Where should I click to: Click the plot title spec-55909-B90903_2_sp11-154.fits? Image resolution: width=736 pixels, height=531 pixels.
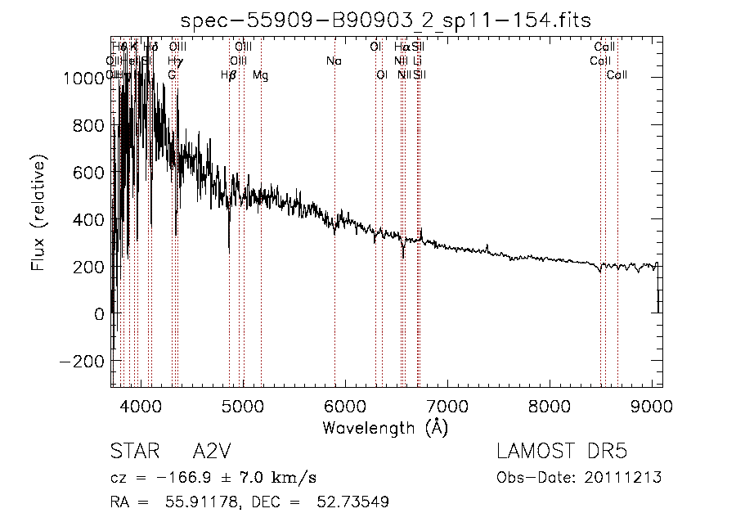coord(386,20)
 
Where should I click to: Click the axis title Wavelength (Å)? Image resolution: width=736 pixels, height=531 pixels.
coord(386,427)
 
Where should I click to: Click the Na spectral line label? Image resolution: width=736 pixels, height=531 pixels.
coord(334,61)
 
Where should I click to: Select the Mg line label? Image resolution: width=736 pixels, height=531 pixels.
coord(260,75)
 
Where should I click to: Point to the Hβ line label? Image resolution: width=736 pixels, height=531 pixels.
coord(229,75)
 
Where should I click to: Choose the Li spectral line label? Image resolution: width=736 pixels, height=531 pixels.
coord(417,61)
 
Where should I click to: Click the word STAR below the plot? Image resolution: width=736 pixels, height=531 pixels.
coord(132,452)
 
